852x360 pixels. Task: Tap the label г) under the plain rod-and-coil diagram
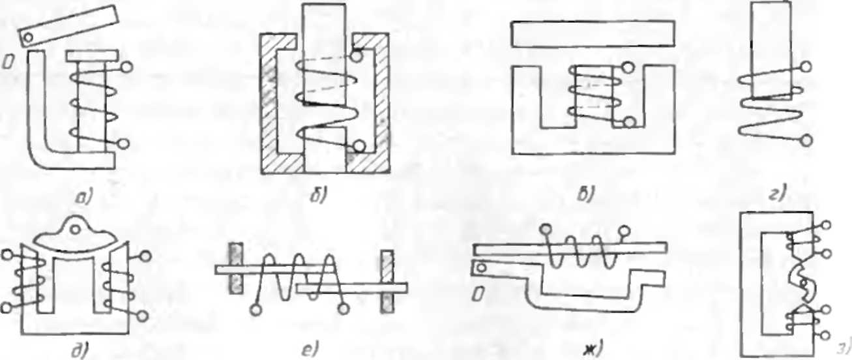(x=779, y=192)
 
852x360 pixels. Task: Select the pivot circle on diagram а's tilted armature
(x=27, y=38)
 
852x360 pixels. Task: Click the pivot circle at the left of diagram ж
(x=482, y=267)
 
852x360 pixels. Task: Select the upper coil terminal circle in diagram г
(x=806, y=67)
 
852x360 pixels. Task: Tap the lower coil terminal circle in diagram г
(x=806, y=139)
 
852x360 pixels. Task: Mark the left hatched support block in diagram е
(x=235, y=268)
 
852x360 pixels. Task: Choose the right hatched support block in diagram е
(x=389, y=281)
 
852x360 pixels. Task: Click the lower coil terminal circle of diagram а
(x=125, y=143)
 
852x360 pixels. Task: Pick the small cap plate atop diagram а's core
(x=91, y=54)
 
